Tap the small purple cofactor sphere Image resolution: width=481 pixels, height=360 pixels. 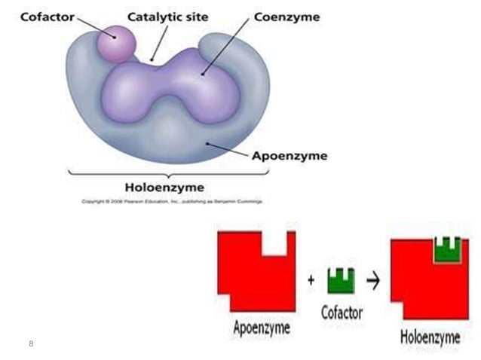117,42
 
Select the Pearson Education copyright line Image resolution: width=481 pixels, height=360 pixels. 166,201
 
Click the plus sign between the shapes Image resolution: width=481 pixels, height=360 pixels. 311,280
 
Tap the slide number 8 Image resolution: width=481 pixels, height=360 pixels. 31,343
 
